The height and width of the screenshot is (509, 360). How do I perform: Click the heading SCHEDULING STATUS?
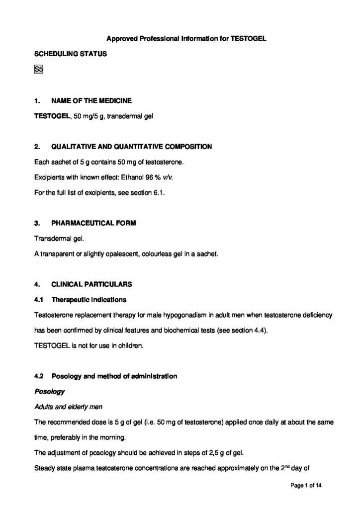(70, 54)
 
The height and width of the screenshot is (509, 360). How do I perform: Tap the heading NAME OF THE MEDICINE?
(91, 100)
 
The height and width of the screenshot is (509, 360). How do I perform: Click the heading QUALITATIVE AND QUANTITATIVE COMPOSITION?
(131, 147)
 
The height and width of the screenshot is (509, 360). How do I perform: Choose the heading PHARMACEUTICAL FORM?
(94, 223)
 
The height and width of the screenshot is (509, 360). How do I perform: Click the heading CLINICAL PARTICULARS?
(91, 284)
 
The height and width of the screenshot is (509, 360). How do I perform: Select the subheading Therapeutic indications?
(89, 300)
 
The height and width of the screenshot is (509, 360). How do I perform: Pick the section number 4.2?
(39, 376)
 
